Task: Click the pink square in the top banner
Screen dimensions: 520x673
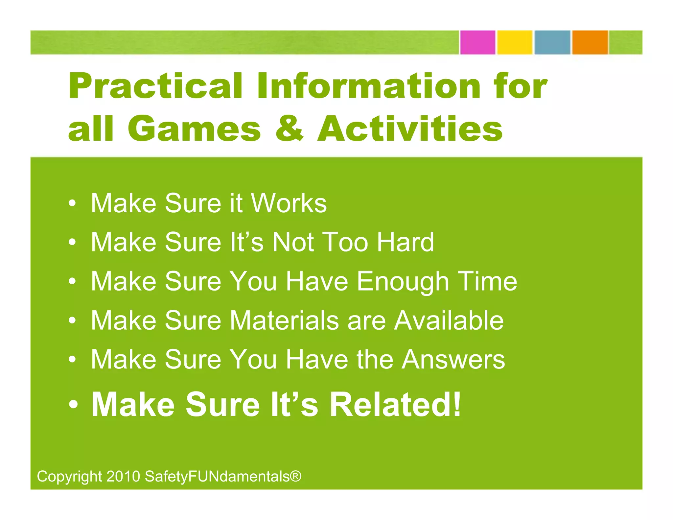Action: pyautogui.click(x=477, y=42)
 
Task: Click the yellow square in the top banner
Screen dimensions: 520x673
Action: pyautogui.click(x=515, y=42)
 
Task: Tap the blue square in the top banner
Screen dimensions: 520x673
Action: pyautogui.click(x=552, y=42)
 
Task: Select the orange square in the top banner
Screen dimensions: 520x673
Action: pyautogui.click(x=590, y=42)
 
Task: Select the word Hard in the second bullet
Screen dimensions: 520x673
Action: pyautogui.click(x=405, y=242)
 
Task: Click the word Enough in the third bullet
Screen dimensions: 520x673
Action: pyautogui.click(x=403, y=282)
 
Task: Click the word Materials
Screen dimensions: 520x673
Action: pyautogui.click(x=284, y=320)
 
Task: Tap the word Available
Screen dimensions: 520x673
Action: pyautogui.click(x=449, y=320)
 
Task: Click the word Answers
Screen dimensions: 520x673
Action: pyautogui.click(x=453, y=360)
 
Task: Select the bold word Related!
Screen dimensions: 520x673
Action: pyautogui.click(x=395, y=405)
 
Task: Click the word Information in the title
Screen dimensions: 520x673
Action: pyautogui.click(x=368, y=86)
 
